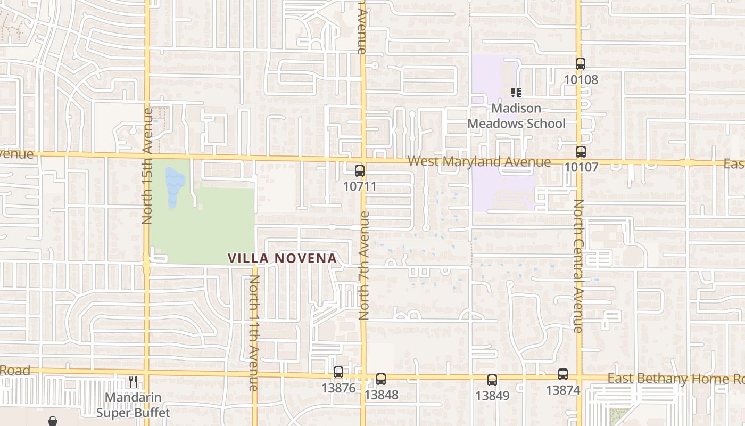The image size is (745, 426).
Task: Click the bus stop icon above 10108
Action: (581, 64)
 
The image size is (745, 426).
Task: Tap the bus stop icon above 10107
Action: (581, 151)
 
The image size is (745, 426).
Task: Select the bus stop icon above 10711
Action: (360, 171)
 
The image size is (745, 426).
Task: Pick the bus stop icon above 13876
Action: (338, 372)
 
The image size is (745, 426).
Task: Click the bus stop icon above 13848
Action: (381, 379)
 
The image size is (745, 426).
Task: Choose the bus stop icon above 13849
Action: (492, 380)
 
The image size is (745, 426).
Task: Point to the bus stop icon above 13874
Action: (563, 374)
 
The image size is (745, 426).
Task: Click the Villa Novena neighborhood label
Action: (282, 259)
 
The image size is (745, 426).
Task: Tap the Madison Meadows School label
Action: (516, 116)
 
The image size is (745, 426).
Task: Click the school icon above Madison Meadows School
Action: (516, 93)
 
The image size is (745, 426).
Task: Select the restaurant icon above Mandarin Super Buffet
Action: (133, 381)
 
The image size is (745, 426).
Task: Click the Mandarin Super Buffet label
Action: (133, 405)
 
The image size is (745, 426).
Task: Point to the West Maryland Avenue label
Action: (479, 162)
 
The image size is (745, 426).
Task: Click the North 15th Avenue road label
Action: (147, 166)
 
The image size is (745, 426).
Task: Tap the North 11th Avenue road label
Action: (254, 333)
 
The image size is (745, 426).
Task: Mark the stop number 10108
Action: (581, 80)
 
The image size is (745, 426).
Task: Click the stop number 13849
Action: (492, 396)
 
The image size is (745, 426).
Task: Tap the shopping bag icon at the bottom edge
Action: (53, 421)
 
